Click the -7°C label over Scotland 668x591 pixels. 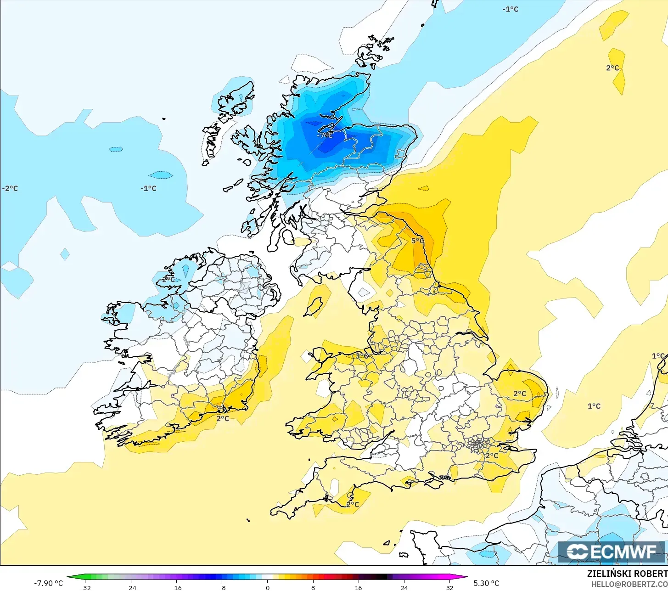tap(325, 135)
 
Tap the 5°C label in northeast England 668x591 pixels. tap(417, 241)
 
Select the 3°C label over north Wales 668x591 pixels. tap(362, 356)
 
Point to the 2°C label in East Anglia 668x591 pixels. tap(520, 394)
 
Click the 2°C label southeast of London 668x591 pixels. tap(492, 456)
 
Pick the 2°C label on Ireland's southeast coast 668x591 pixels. tap(223, 418)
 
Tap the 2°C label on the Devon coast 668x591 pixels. tap(353, 505)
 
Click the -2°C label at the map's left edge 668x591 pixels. tap(10, 188)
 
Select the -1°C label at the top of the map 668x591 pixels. tap(511, 9)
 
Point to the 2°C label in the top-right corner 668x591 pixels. tap(612, 68)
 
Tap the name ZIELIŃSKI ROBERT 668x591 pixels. tap(627, 574)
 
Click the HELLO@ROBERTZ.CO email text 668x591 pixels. tap(629, 584)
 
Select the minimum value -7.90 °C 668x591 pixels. tap(48, 583)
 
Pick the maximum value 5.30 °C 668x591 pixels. tap(486, 583)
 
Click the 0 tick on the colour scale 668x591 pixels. tap(268, 587)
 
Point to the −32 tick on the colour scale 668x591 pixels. tap(85, 587)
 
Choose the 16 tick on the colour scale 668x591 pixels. tap(358, 587)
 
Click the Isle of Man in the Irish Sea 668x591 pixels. tap(314, 307)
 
